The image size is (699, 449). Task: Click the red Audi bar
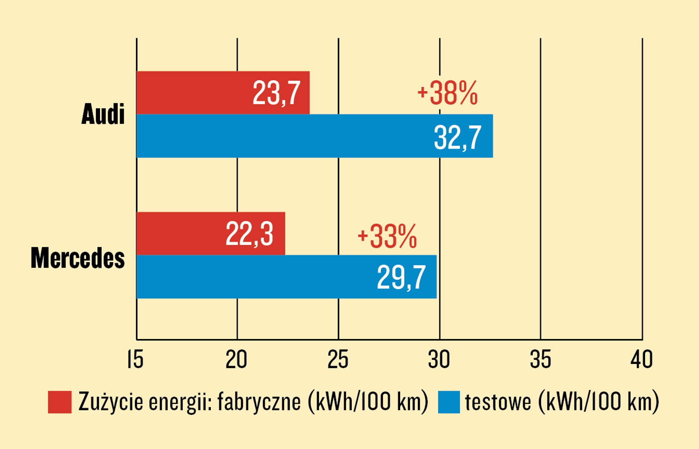pyautogui.click(x=223, y=93)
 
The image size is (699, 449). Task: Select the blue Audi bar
pyautogui.click(x=315, y=136)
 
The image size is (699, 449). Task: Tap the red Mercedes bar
pyautogui.click(x=211, y=233)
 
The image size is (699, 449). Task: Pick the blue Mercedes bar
pyautogui.click(x=286, y=277)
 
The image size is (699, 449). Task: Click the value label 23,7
pyautogui.click(x=276, y=93)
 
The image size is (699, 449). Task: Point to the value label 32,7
pyautogui.click(x=458, y=138)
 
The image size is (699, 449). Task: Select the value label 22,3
pyautogui.click(x=249, y=234)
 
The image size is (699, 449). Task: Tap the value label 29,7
pyautogui.click(x=401, y=277)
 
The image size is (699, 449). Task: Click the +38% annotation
pyautogui.click(x=447, y=93)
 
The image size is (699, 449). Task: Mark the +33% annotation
pyautogui.click(x=387, y=236)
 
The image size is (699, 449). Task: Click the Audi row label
pyautogui.click(x=103, y=114)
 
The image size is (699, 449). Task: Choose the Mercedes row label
pyautogui.click(x=78, y=258)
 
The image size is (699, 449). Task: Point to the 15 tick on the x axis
pyautogui.click(x=135, y=359)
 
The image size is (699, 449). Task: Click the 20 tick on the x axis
pyautogui.click(x=236, y=359)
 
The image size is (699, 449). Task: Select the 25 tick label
pyautogui.click(x=338, y=359)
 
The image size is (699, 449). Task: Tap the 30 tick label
pyautogui.click(x=439, y=359)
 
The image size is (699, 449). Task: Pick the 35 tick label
pyautogui.click(x=541, y=359)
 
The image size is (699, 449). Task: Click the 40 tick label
pyautogui.click(x=642, y=359)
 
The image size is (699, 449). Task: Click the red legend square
pyautogui.click(x=59, y=402)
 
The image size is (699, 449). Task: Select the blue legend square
pyautogui.click(x=449, y=402)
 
